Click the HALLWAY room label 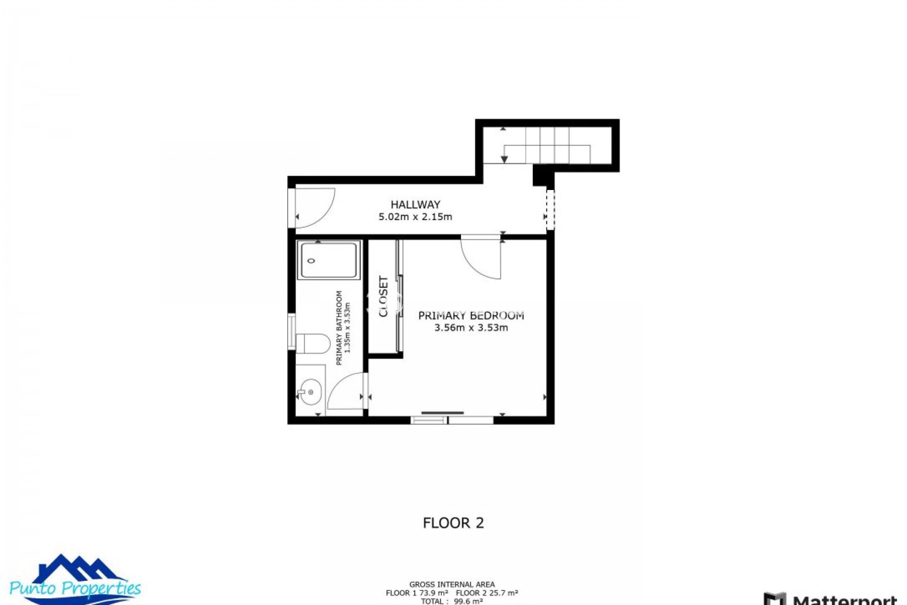tap(415, 205)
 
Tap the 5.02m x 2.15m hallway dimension tap(415, 217)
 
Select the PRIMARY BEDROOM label tap(471, 315)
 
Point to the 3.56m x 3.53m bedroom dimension tap(471, 328)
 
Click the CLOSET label tap(384, 296)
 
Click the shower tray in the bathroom tap(329, 260)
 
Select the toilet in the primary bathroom tap(312, 344)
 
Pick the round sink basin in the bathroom tap(310, 392)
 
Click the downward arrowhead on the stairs tap(504, 159)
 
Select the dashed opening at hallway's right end tap(550, 210)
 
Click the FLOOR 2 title tap(453, 523)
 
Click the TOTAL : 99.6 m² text tap(452, 601)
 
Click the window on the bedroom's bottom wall tap(452, 420)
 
